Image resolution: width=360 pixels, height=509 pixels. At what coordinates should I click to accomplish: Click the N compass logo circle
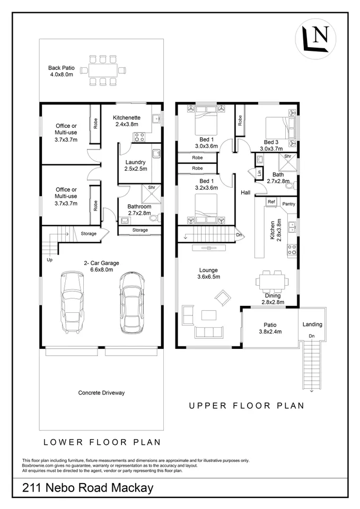click(315, 39)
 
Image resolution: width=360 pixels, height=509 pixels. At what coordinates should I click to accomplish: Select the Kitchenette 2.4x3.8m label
click(127, 121)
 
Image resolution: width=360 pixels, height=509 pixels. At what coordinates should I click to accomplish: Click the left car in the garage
click(72, 302)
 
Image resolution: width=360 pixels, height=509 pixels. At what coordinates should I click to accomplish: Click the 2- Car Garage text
click(102, 263)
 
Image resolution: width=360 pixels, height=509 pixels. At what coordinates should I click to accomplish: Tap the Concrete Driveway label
click(101, 393)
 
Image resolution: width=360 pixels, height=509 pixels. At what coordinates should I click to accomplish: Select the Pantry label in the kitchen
click(288, 204)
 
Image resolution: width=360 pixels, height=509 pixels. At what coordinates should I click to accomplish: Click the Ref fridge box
click(271, 202)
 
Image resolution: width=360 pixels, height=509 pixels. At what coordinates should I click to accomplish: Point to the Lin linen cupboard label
click(259, 173)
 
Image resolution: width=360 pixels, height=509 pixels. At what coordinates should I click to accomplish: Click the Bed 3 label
click(271, 142)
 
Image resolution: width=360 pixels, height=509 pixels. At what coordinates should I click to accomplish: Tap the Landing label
click(312, 324)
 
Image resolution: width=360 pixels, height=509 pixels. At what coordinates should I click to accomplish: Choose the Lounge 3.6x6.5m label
click(209, 274)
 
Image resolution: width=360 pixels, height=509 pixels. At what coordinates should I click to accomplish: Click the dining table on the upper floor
click(272, 281)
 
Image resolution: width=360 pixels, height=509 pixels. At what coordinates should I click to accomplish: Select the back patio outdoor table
click(103, 70)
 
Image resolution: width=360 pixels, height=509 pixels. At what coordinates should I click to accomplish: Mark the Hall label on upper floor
click(245, 192)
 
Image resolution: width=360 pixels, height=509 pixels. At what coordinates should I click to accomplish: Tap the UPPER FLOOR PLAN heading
click(247, 406)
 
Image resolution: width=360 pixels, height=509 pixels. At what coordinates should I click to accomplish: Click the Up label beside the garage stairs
click(50, 260)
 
